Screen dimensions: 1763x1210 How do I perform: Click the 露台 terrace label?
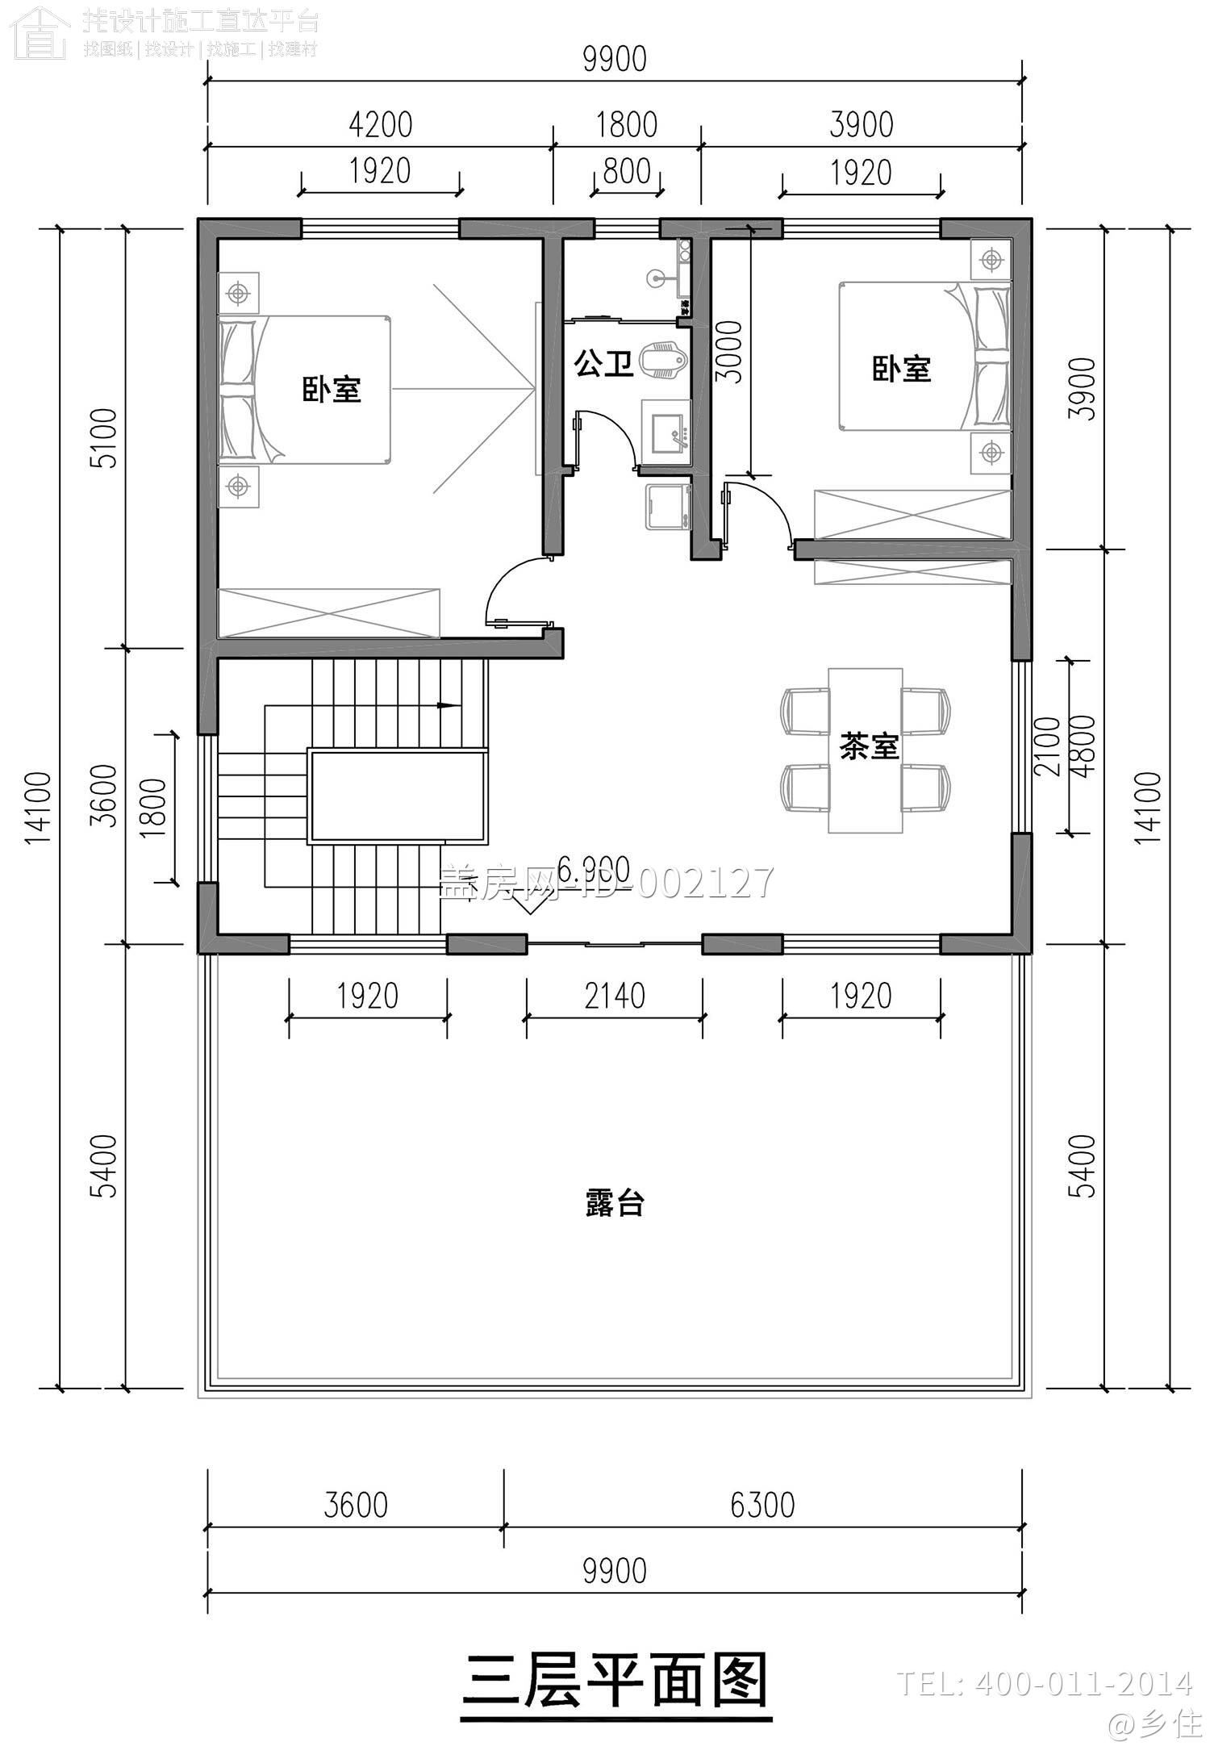(614, 1204)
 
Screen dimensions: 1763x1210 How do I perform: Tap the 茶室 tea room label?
(868, 746)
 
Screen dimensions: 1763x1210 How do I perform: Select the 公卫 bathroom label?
(603, 364)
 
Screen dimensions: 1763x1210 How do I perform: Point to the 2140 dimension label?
(614, 996)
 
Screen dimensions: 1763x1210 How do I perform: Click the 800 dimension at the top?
(627, 171)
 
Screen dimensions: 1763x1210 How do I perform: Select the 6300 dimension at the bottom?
(762, 1505)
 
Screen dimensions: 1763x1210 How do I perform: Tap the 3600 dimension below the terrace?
(356, 1505)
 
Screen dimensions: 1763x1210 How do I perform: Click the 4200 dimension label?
(380, 125)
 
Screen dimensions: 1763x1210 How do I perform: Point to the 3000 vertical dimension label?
(729, 351)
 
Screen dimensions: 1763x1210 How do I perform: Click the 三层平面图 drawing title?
(615, 1681)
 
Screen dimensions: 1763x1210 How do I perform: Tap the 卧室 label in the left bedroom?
(332, 390)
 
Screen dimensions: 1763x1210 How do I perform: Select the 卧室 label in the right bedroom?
(901, 370)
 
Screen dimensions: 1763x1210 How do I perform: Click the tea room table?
(865, 750)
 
